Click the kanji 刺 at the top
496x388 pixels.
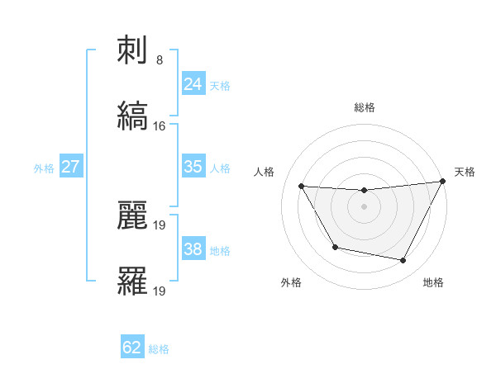coord(133,53)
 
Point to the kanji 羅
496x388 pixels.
coord(133,281)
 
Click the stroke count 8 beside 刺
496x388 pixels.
coord(160,60)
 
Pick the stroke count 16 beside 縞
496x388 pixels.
coord(160,125)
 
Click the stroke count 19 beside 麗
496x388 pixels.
coord(160,225)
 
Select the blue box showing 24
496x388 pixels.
coord(193,83)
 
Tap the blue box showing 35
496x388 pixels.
coord(193,166)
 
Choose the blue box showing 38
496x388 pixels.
coord(193,248)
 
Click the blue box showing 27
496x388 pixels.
coord(71,166)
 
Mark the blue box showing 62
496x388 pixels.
coord(132,348)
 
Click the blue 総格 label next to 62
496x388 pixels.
coord(159,349)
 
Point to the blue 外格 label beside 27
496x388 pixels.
coord(44,168)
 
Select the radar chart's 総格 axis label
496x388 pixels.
coord(365,107)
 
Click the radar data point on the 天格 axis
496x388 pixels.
coord(443,182)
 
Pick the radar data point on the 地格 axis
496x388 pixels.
coord(403,260)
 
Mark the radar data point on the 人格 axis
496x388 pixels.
coord(302,187)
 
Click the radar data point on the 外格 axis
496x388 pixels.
coord(335,247)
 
